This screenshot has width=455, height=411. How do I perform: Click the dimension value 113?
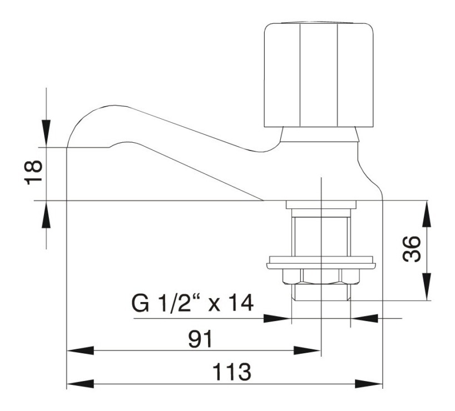point(232,372)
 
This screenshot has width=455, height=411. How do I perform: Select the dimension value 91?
point(200,339)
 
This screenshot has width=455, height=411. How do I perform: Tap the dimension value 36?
point(412,249)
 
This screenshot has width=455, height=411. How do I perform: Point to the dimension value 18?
point(33,173)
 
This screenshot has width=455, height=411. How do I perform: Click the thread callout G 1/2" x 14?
point(193,303)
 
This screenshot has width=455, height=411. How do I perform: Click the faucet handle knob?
point(318,74)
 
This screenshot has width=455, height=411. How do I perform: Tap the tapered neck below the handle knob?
point(319,134)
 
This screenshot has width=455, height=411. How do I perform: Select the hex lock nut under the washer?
point(321,276)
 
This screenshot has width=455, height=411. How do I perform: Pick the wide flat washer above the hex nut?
point(321,262)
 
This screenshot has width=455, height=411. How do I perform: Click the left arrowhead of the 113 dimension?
point(80,384)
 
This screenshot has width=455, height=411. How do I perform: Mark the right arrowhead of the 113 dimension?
point(369,384)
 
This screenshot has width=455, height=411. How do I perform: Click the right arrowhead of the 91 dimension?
point(307,350)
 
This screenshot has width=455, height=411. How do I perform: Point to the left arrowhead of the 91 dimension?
point(80,350)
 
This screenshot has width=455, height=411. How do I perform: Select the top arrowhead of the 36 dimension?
point(427,214)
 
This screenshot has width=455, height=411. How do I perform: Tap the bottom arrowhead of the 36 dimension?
point(427,287)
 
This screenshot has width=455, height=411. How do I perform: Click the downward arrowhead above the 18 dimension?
point(46,133)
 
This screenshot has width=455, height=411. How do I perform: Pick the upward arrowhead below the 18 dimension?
point(46,215)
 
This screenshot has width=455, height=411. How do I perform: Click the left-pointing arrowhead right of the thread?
point(364,318)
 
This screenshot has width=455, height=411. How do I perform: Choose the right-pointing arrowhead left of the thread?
point(277,318)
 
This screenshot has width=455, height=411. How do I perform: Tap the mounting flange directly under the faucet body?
point(321,204)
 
